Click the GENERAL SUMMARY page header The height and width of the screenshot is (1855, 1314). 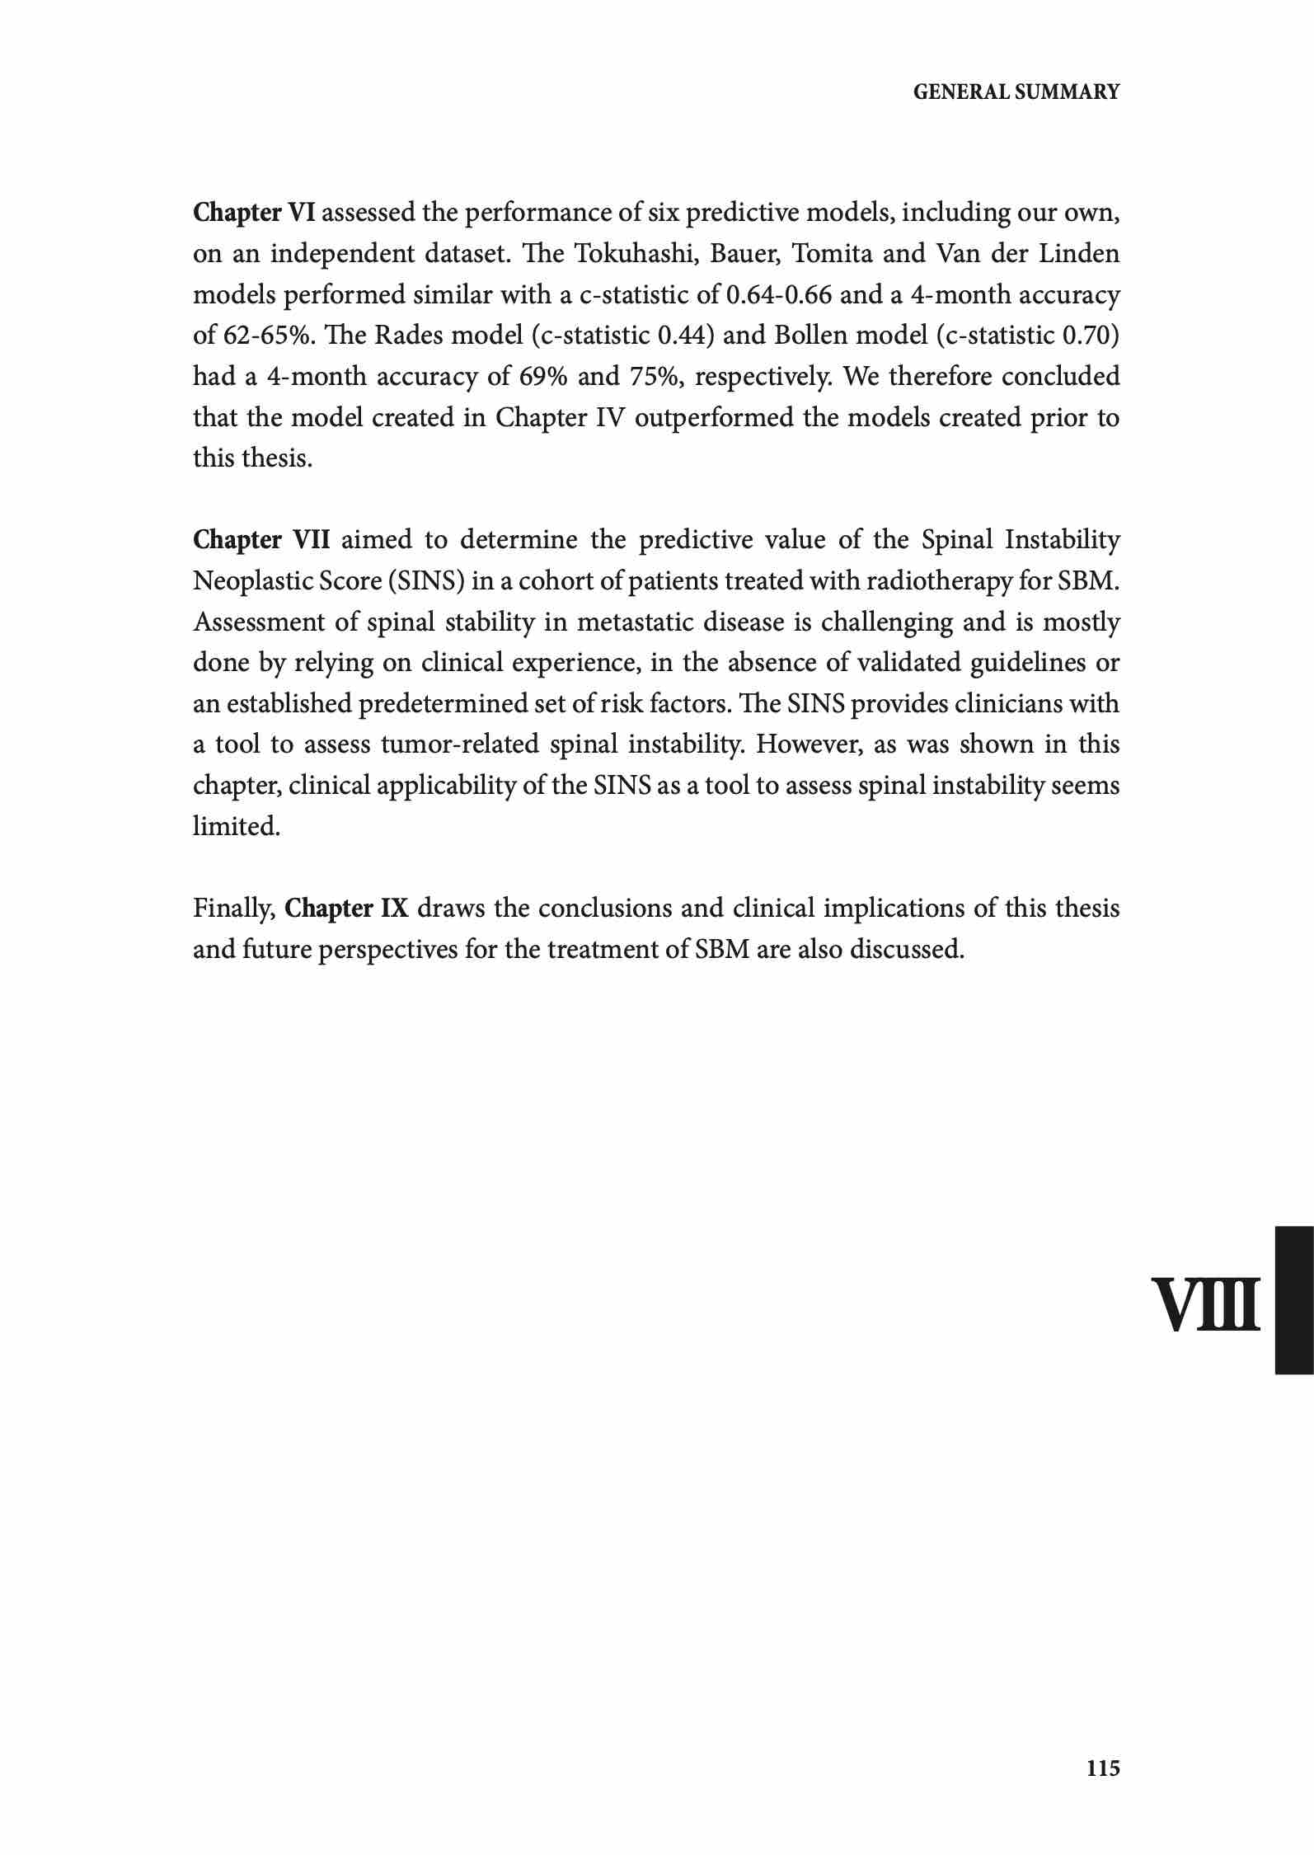click(x=1016, y=92)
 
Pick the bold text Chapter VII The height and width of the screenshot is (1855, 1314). click(x=261, y=540)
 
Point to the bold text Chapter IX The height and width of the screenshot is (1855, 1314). click(x=346, y=909)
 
